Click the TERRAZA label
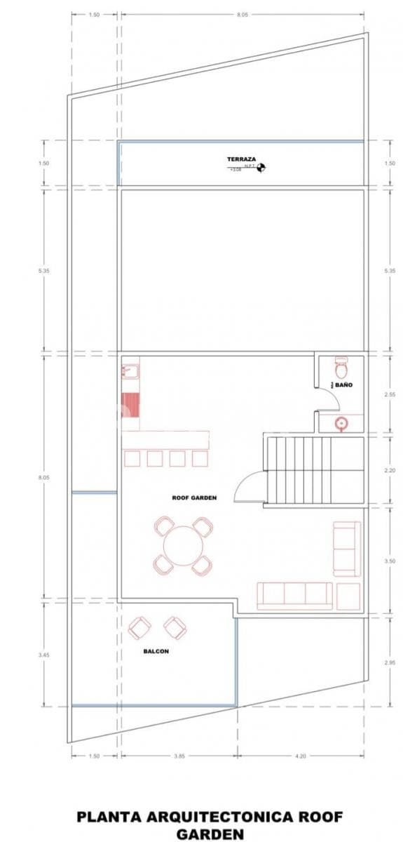coord(240,159)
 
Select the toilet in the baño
coord(341,367)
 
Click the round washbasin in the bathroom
coord(341,423)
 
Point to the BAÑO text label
coord(343,385)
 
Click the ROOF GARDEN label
coord(194,497)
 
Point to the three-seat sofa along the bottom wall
coord(295,595)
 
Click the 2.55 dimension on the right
coord(390,395)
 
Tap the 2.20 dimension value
coord(390,470)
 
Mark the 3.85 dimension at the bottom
coord(178,756)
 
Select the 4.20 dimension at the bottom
coord(300,756)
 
